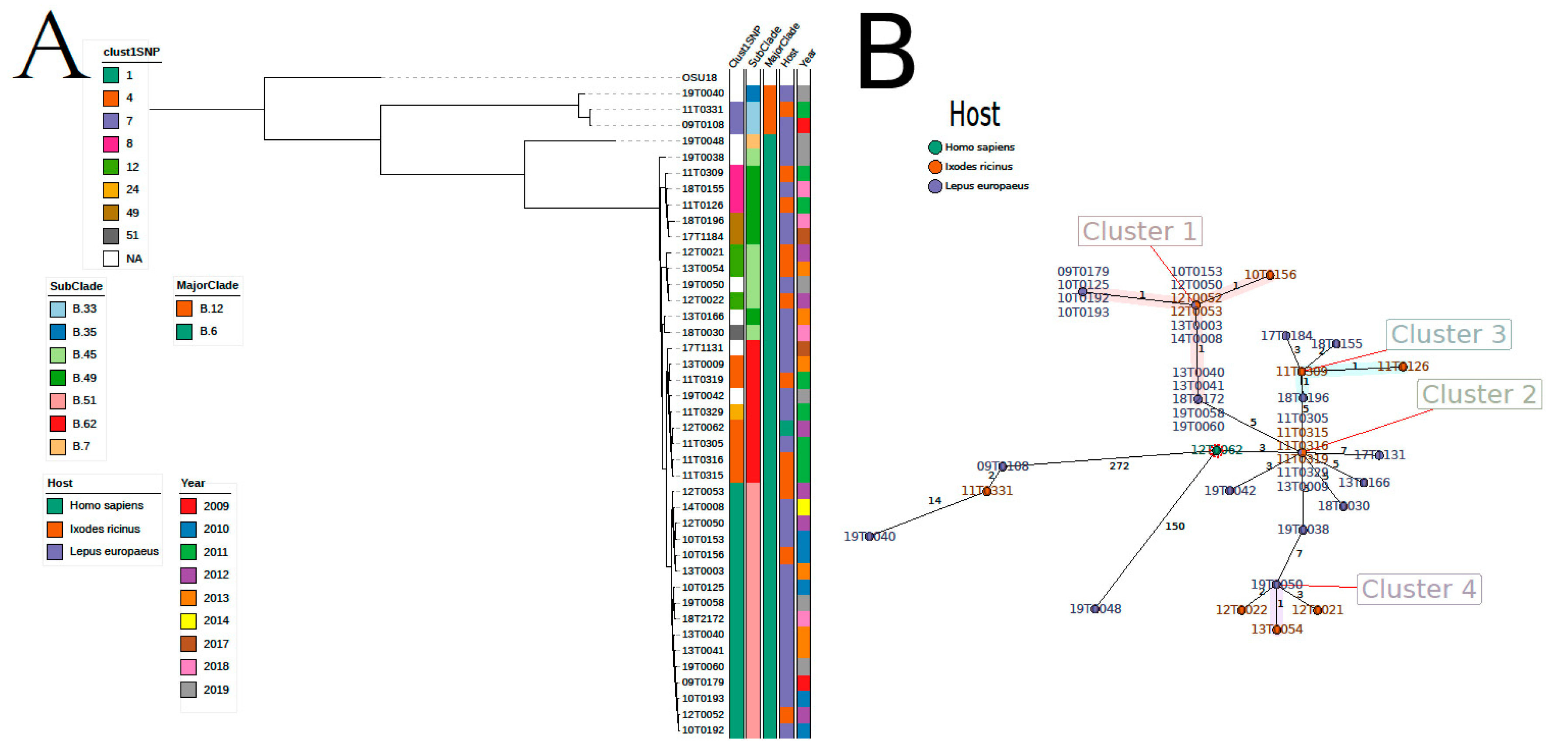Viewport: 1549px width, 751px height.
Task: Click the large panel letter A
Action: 51,47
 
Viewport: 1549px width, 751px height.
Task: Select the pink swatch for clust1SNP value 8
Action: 111,144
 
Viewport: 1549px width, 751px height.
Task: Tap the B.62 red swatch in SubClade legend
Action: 58,424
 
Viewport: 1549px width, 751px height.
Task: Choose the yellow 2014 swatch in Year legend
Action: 188,620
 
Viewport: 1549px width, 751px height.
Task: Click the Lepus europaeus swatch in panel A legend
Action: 55,551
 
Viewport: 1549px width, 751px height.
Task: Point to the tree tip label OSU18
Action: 699,78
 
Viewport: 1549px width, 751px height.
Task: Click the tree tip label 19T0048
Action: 702,141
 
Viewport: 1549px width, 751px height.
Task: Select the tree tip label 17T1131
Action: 702,348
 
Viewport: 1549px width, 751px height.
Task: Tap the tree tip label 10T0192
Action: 702,730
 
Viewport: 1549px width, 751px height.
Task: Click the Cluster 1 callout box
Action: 1139,231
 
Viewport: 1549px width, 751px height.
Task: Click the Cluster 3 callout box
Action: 1448,334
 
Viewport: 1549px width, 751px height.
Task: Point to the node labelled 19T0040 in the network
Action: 869,536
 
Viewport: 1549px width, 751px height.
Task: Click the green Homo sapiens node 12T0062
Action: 1216,450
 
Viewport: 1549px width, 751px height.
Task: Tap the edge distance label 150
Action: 1174,526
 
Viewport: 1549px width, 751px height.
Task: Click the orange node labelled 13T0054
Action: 1276,630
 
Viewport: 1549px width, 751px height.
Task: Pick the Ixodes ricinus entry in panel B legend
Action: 935,166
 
